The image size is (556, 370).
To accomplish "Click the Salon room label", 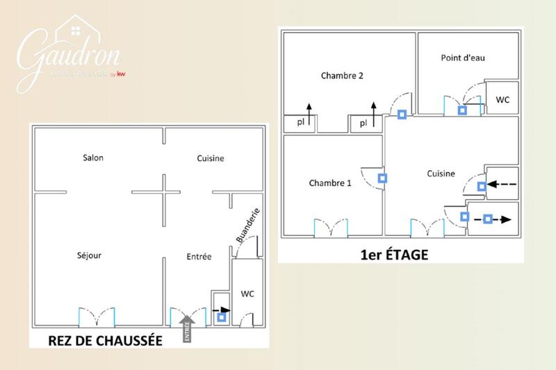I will click(x=93, y=158).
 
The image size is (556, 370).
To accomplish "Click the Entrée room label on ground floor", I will click(x=199, y=258).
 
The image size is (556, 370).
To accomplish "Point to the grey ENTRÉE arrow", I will click(x=186, y=328).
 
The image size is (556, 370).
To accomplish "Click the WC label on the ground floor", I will click(x=247, y=294).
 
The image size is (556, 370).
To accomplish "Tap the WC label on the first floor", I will click(x=502, y=100).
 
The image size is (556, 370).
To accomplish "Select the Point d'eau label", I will click(x=462, y=58).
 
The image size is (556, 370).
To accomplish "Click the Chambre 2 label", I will click(x=342, y=76).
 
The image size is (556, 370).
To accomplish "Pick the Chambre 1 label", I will click(x=330, y=183).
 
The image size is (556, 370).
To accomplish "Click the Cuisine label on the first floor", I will click(x=441, y=174).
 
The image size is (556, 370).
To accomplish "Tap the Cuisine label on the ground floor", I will click(x=211, y=158).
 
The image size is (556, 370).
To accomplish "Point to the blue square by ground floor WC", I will click(x=222, y=318).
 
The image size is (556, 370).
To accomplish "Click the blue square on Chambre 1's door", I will click(x=382, y=178).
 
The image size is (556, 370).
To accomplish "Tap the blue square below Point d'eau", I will click(x=462, y=110).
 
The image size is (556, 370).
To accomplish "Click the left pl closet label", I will click(x=300, y=123).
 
